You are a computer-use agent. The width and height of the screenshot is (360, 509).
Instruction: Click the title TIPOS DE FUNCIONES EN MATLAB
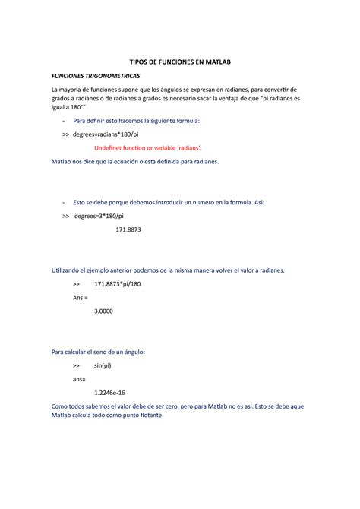[180, 60]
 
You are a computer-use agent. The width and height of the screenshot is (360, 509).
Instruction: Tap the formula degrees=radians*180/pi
[106, 134]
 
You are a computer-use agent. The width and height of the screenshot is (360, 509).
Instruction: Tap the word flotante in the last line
[158, 416]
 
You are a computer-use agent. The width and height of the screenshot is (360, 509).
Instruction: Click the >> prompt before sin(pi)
[76, 365]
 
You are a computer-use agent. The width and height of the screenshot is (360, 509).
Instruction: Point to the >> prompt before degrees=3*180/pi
[65, 216]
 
